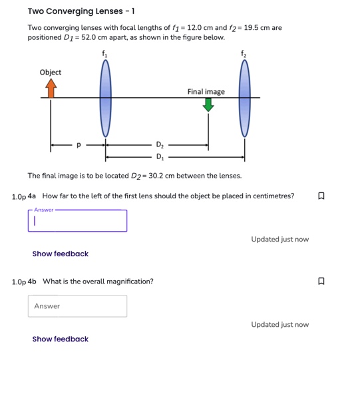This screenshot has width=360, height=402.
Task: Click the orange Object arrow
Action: tap(51, 89)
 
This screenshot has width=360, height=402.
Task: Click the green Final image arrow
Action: tap(208, 105)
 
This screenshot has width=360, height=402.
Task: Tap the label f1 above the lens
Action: tap(104, 53)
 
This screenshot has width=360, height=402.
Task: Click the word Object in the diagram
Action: tap(51, 72)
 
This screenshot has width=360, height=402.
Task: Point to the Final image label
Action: tap(206, 91)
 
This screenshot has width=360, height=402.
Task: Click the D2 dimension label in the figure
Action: tap(159, 144)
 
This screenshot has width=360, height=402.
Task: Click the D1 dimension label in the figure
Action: tap(159, 158)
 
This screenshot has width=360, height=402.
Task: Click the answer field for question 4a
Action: tap(78, 222)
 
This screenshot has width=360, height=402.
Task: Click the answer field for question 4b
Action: tap(78, 306)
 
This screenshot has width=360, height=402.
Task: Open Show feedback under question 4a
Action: tap(60, 254)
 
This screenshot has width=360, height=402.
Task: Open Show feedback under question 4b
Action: tap(60, 339)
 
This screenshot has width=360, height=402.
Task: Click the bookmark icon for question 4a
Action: tap(321, 196)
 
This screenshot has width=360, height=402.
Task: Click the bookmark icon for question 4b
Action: tap(321, 282)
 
